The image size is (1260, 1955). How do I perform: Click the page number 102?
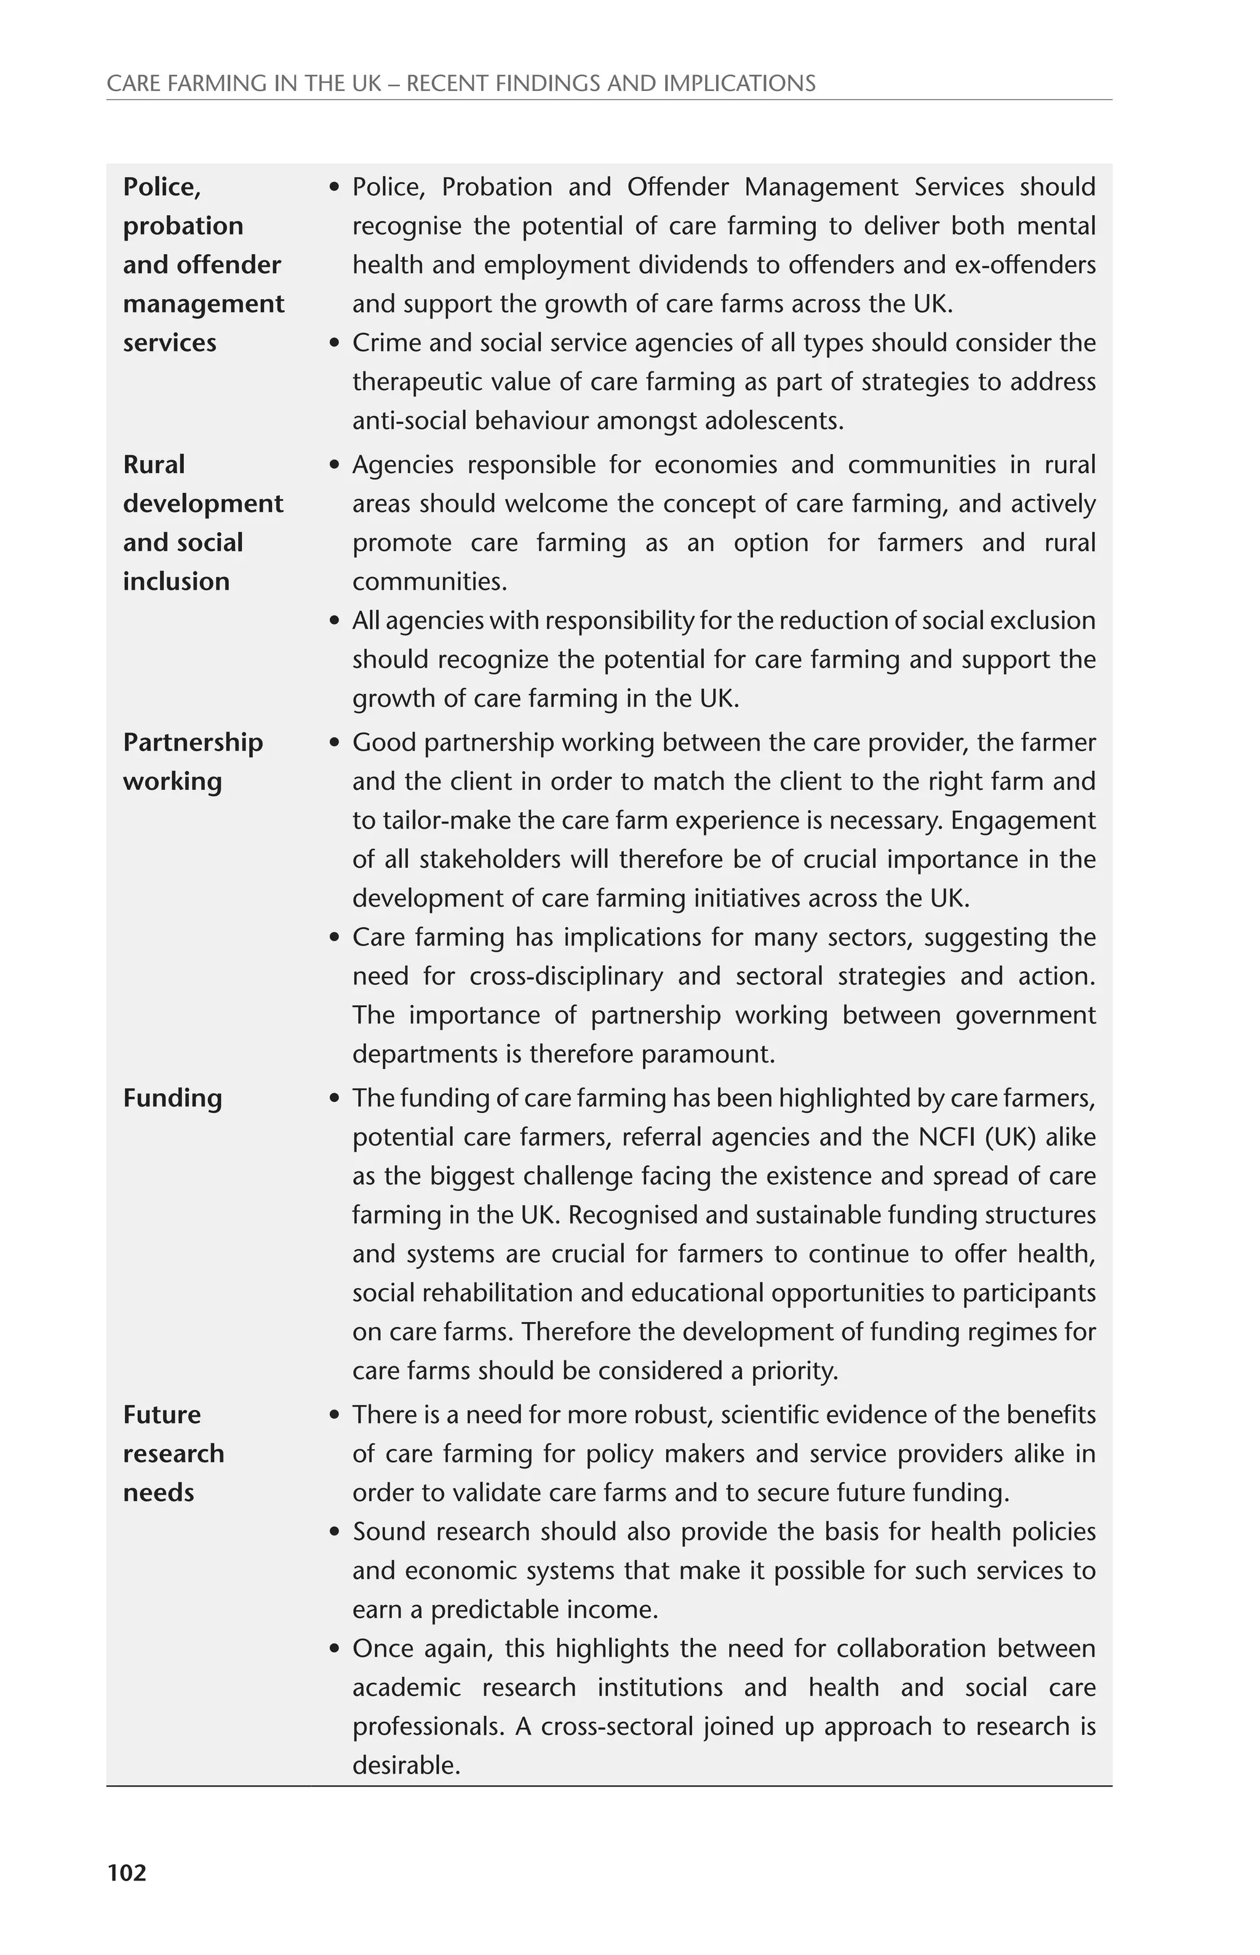click(x=127, y=1873)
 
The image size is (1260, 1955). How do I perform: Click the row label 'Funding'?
click(x=172, y=1099)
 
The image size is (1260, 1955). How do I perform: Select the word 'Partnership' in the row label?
click(x=193, y=743)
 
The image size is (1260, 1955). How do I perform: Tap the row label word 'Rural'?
click(x=154, y=464)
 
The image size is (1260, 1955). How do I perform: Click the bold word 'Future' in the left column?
click(x=161, y=1415)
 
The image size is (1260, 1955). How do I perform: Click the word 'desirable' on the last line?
click(x=406, y=1766)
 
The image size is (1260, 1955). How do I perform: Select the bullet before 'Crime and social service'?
click(x=334, y=343)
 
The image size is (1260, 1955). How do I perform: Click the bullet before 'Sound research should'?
click(x=334, y=1532)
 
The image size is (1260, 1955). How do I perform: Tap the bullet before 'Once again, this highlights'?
click(x=334, y=1649)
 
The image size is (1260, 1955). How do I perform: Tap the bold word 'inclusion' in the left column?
click(x=176, y=581)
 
